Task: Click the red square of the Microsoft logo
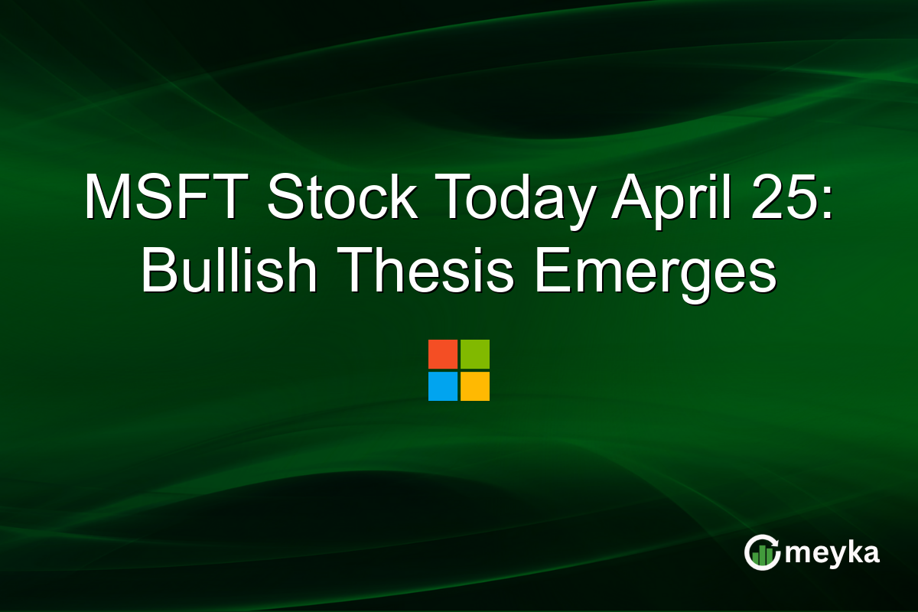(442, 354)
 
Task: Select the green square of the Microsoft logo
(475, 354)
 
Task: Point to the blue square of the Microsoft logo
(442, 386)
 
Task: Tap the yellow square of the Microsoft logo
(475, 386)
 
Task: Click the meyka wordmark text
(832, 553)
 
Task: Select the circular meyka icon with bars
(762, 552)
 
